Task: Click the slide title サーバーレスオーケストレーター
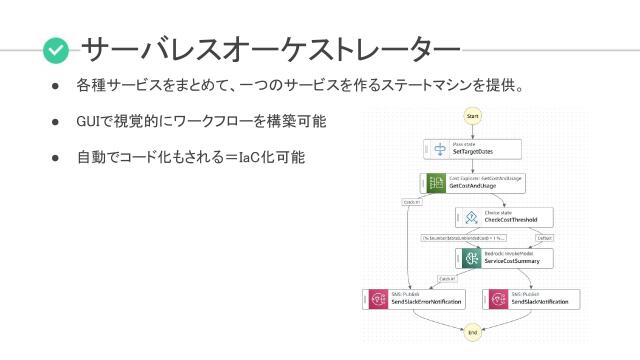point(270,48)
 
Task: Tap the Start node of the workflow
point(472,116)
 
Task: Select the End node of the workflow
point(472,332)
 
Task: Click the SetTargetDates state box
point(472,150)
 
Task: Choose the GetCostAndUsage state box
point(472,182)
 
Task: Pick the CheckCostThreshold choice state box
point(503,216)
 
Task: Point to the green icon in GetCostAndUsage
point(435,182)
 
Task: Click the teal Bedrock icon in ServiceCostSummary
point(470,257)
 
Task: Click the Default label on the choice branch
point(544,238)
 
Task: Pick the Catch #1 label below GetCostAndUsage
point(411,201)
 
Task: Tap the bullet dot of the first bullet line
point(57,86)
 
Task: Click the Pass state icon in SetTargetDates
point(438,150)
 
